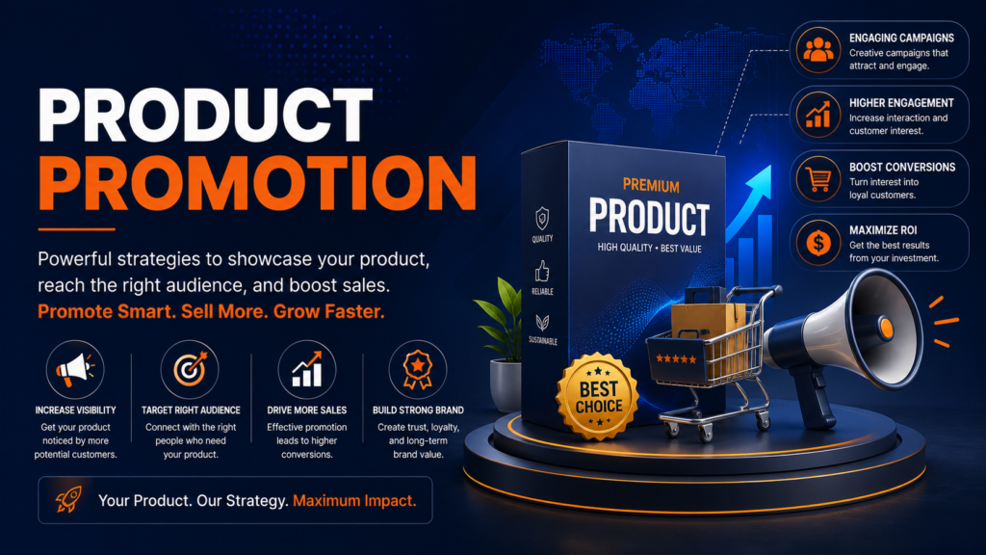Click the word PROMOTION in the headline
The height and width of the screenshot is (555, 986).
[x=257, y=182]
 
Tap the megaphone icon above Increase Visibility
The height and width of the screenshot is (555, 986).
[x=75, y=369]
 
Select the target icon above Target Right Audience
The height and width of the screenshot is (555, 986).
[x=190, y=369]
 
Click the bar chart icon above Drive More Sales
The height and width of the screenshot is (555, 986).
[x=307, y=369]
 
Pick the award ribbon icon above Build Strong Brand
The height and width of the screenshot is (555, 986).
[x=418, y=369]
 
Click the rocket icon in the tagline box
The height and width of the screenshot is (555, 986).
[x=68, y=500]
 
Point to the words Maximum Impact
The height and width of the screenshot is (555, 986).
[x=354, y=501]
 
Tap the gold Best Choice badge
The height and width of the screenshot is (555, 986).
[x=598, y=396]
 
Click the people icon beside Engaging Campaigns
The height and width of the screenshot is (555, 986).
[x=818, y=50]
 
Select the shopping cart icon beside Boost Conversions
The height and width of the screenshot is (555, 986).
[x=818, y=178]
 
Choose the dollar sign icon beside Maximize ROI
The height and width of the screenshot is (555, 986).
[x=818, y=242]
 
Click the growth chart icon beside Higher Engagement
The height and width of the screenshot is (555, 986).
[x=818, y=115]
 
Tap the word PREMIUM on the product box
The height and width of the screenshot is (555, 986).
[x=651, y=186]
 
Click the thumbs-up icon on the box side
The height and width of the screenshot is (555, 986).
[x=542, y=272]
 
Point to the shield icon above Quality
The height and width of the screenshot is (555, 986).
[x=542, y=219]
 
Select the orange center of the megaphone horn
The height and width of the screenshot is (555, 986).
[x=886, y=328]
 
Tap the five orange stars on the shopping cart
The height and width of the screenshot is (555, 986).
[x=676, y=358]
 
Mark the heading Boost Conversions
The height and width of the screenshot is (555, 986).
[x=901, y=168]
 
